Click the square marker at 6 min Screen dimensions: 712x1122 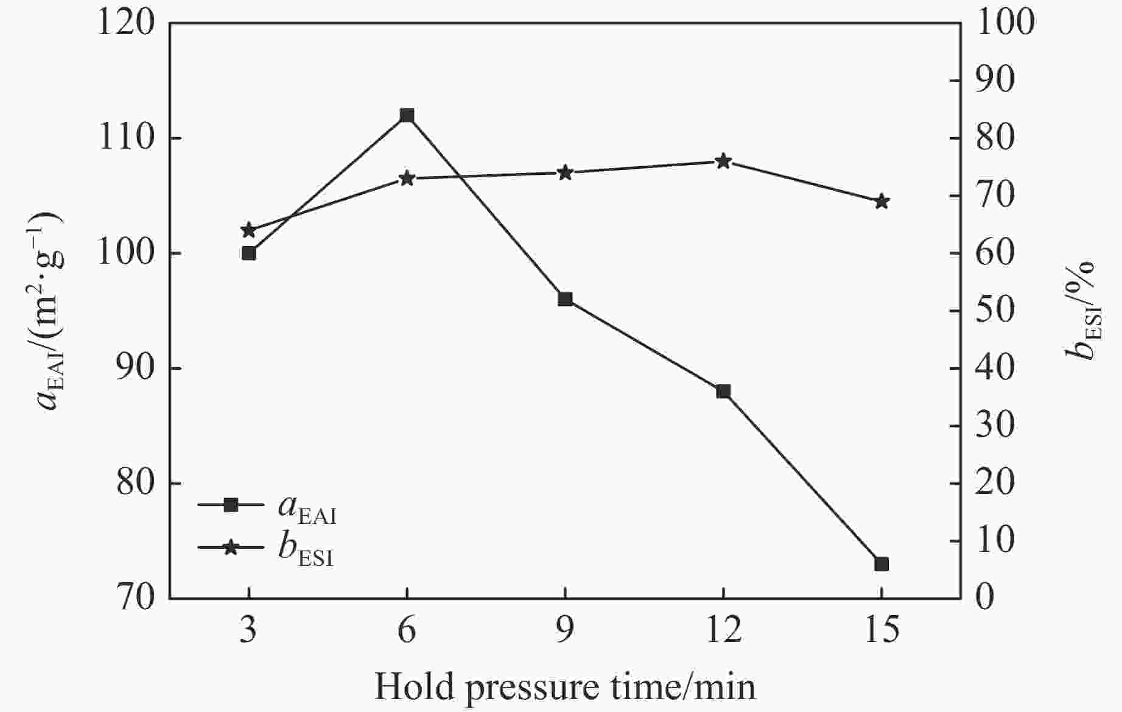[x=407, y=115]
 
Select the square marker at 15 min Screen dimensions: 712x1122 [x=881, y=564]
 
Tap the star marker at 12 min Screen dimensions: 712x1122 [x=723, y=161]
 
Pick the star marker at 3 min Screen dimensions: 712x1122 [x=248, y=230]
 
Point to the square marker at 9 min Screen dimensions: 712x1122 [x=565, y=299]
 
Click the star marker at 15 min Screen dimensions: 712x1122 [x=881, y=202]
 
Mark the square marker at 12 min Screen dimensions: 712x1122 [x=723, y=391]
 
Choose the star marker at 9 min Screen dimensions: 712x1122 [x=565, y=173]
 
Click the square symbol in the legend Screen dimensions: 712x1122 [x=231, y=505]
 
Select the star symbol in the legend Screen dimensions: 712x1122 [x=231, y=548]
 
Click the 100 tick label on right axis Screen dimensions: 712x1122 [x=1005, y=23]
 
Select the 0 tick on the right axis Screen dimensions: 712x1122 [x=986, y=598]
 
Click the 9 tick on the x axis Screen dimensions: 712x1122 [x=565, y=630]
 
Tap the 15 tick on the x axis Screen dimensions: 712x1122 [x=881, y=630]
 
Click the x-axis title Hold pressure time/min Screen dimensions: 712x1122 [x=565, y=687]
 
